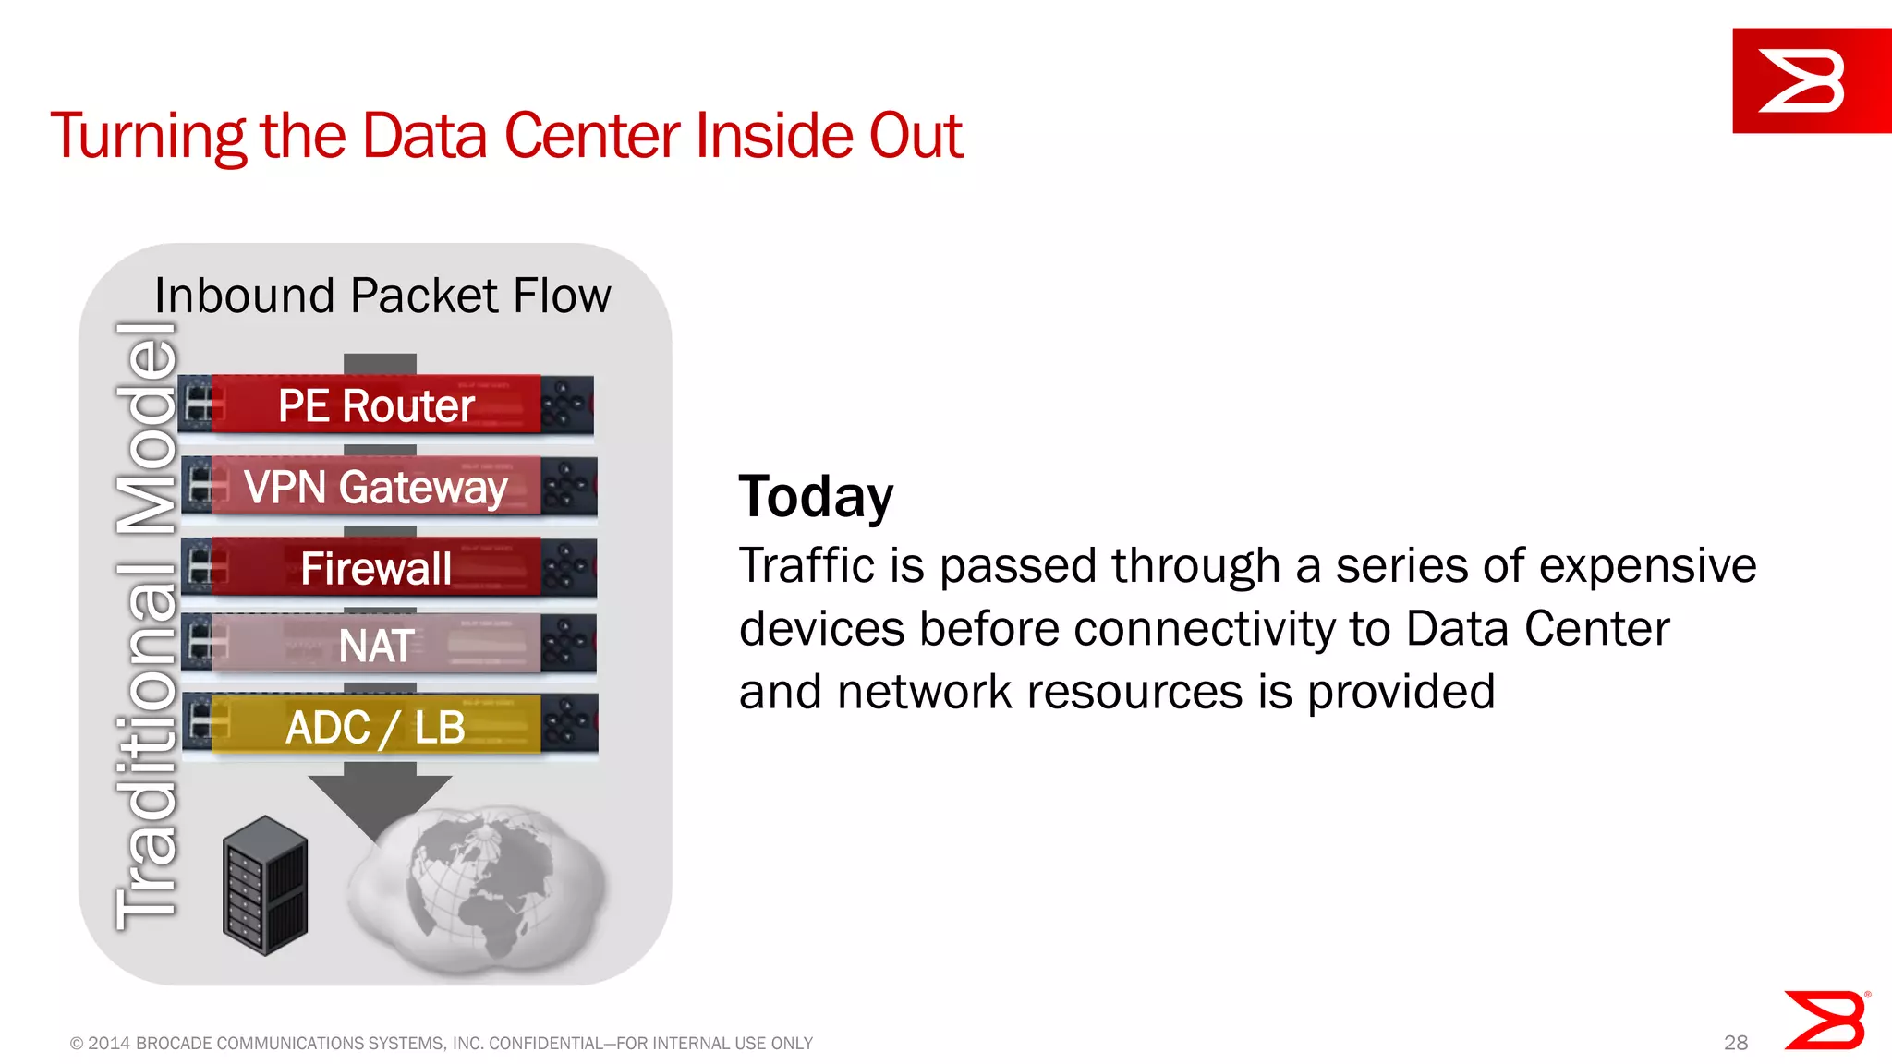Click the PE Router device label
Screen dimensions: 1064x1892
coord(376,405)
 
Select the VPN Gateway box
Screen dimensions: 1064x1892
coord(376,487)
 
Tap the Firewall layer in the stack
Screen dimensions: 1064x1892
coord(376,567)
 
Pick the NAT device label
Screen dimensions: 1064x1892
coord(376,645)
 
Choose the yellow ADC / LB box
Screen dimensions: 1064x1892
coord(376,727)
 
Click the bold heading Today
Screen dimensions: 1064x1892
coord(816,497)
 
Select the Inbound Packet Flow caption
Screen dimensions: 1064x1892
coord(382,296)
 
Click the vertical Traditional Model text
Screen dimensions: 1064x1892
coord(146,626)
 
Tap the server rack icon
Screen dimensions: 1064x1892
coord(265,885)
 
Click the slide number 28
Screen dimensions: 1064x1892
coord(1735,1043)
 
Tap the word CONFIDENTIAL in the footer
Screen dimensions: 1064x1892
coord(545,1044)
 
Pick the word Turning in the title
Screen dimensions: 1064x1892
coord(148,136)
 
